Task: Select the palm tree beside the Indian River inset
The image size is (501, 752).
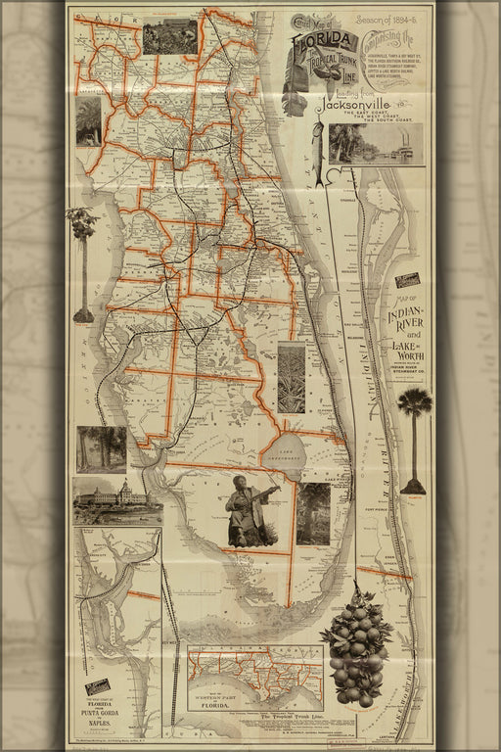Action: click(x=414, y=436)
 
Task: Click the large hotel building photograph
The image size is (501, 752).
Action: click(x=117, y=500)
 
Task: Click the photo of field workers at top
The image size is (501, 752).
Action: click(x=170, y=36)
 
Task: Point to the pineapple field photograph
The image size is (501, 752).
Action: click(x=292, y=377)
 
